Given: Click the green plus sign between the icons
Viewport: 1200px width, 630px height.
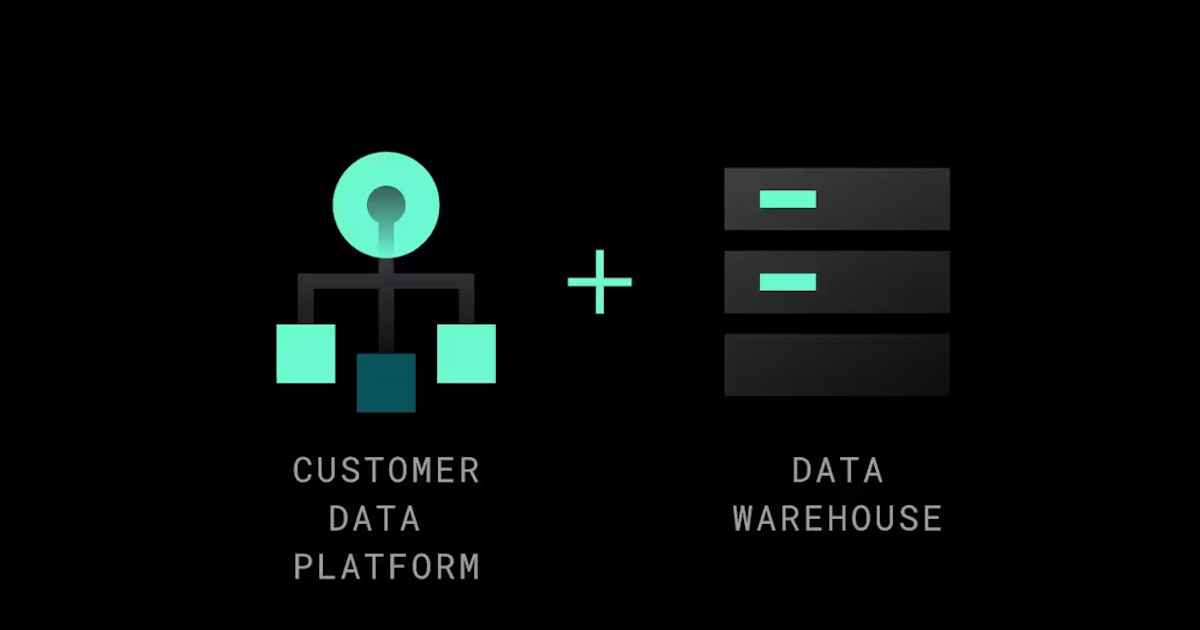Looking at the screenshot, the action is (x=599, y=282).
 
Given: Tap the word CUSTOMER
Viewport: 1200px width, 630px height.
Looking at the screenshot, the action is (x=386, y=470).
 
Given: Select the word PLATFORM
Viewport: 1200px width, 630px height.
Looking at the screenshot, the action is (x=386, y=567).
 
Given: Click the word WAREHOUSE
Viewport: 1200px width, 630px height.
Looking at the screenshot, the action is (x=837, y=518).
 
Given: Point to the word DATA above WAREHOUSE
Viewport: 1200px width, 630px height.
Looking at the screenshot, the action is (x=837, y=470).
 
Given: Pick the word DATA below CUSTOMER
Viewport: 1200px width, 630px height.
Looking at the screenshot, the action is (x=374, y=518).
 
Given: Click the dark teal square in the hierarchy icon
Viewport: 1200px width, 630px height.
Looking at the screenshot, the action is (x=386, y=382).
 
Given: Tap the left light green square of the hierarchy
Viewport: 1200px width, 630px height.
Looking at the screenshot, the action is (x=306, y=354).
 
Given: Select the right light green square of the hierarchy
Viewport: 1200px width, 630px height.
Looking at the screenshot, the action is (x=467, y=354).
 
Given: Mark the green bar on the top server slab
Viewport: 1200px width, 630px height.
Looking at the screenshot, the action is (x=788, y=199).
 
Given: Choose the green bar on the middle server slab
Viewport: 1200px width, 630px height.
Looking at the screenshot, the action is (x=788, y=282).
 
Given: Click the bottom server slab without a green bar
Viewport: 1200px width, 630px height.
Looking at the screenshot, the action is (x=837, y=365).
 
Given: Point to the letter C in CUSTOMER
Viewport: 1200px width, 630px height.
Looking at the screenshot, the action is (x=302, y=470).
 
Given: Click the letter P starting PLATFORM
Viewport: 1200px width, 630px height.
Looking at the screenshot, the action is (x=303, y=567).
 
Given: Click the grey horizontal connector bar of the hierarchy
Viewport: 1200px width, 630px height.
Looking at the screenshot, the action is (x=386, y=281).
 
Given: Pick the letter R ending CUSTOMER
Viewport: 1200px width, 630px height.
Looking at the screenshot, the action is (x=470, y=470).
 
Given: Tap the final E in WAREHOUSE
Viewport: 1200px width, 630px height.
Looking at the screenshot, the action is (x=933, y=518).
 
